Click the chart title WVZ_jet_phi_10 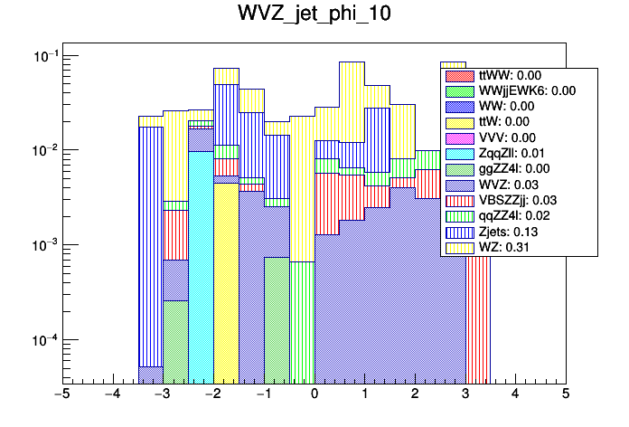[x=314, y=16]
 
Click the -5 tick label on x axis [x=62, y=394]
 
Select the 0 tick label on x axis [x=314, y=394]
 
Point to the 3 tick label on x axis [x=465, y=394]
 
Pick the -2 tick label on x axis [x=212, y=394]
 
